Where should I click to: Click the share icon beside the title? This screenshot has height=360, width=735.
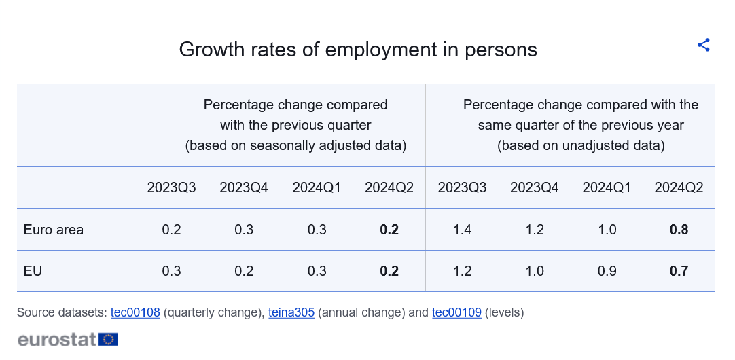704,45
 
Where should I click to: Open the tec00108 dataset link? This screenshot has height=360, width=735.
135,312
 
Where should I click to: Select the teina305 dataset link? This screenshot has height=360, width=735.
291,312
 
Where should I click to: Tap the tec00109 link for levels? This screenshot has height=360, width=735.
456,312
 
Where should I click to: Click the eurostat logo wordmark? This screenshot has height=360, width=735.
57,340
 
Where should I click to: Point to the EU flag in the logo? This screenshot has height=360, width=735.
108,340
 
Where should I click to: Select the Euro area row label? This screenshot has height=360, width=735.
54,230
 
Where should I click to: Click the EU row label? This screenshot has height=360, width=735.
33,271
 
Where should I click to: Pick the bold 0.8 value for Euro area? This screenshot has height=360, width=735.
679,230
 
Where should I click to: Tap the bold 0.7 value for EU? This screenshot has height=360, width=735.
679,271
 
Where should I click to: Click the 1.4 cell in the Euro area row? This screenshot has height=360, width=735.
462,230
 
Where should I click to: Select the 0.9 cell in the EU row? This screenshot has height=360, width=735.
607,271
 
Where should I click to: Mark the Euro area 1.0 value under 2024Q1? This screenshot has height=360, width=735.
607,230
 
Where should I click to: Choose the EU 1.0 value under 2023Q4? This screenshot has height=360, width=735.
535,271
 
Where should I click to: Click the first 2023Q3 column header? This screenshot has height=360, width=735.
172,188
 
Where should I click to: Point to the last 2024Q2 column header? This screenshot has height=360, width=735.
679,188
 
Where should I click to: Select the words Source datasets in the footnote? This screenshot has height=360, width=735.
62,312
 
